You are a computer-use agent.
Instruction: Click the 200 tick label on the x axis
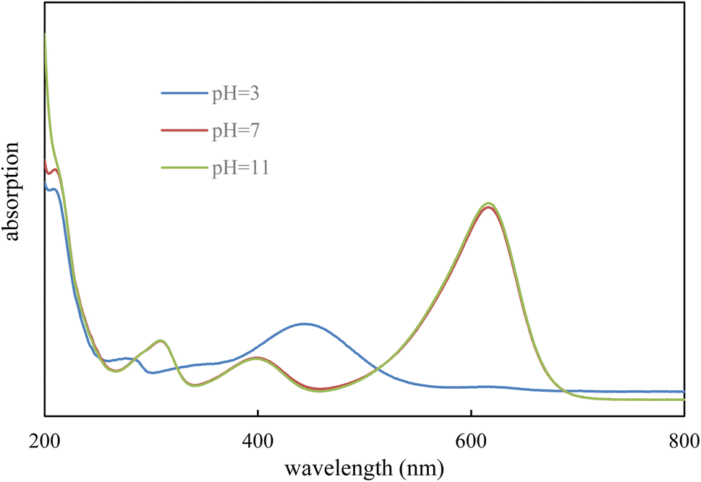[45, 439]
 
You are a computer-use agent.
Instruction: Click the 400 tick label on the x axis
[258, 439]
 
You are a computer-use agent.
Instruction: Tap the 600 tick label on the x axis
[471, 439]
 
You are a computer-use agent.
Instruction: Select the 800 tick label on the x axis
[683, 439]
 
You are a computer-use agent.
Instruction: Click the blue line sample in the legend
[184, 93]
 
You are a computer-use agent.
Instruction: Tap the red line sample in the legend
[184, 132]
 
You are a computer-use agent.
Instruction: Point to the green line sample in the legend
[184, 169]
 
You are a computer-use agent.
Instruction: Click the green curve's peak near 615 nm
[490, 203]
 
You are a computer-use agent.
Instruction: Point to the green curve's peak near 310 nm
[160, 340]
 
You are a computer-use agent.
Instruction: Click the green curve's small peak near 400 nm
[256, 358]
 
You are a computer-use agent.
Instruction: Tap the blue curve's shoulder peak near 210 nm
[54, 189]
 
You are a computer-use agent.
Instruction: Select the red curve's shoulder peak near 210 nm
[54, 170]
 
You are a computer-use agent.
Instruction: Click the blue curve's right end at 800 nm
[684, 392]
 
